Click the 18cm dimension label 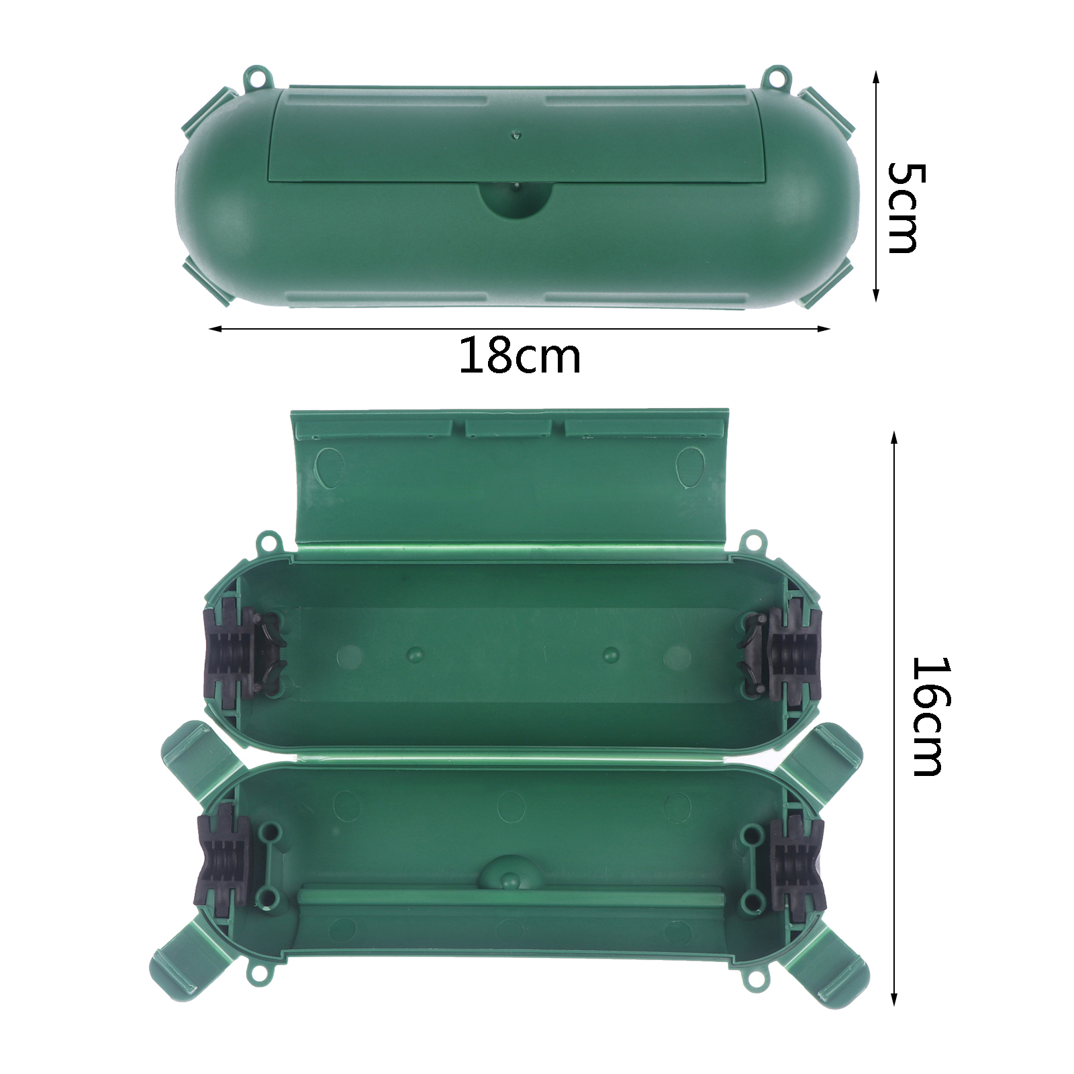point(520,356)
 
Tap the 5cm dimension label point(906,208)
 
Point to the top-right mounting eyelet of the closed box point(777,76)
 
